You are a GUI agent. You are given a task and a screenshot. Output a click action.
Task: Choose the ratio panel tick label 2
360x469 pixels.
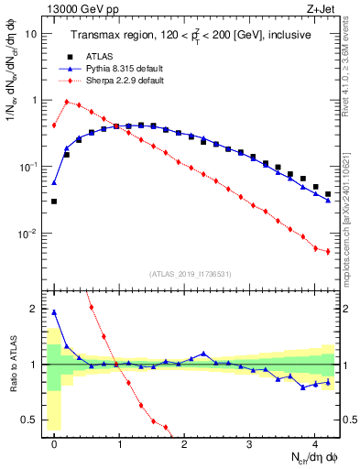33,309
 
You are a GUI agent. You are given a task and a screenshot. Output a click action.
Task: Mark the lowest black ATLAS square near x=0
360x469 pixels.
54,202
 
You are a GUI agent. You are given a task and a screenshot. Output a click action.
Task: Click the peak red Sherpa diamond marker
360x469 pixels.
67,102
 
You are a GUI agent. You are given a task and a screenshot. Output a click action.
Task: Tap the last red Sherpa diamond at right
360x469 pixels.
328,252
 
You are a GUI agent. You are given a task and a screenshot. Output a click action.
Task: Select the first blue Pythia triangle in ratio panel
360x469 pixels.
54,312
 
